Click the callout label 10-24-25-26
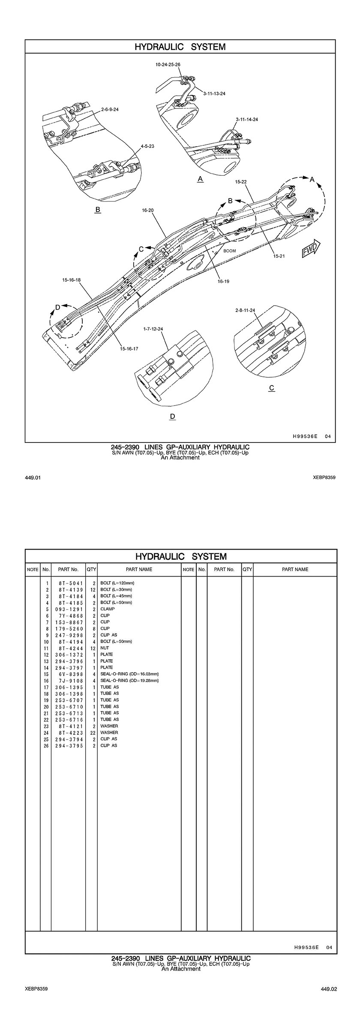[x=168, y=65]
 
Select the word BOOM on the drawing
[x=230, y=251]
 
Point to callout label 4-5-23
[x=147, y=146]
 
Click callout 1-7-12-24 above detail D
[x=153, y=329]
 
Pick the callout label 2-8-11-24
[x=245, y=310]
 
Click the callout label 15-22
[x=241, y=182]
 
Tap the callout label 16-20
[x=147, y=210]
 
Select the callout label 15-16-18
[x=72, y=280]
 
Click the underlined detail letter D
[x=173, y=416]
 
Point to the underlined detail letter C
[x=271, y=388]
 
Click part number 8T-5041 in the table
[x=68, y=583]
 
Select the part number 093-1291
[x=68, y=609]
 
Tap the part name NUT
[x=105, y=648]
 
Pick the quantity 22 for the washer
[x=92, y=733]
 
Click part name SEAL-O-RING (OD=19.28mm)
[x=129, y=681]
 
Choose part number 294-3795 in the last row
[x=68, y=745]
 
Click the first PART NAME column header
[x=139, y=569]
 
